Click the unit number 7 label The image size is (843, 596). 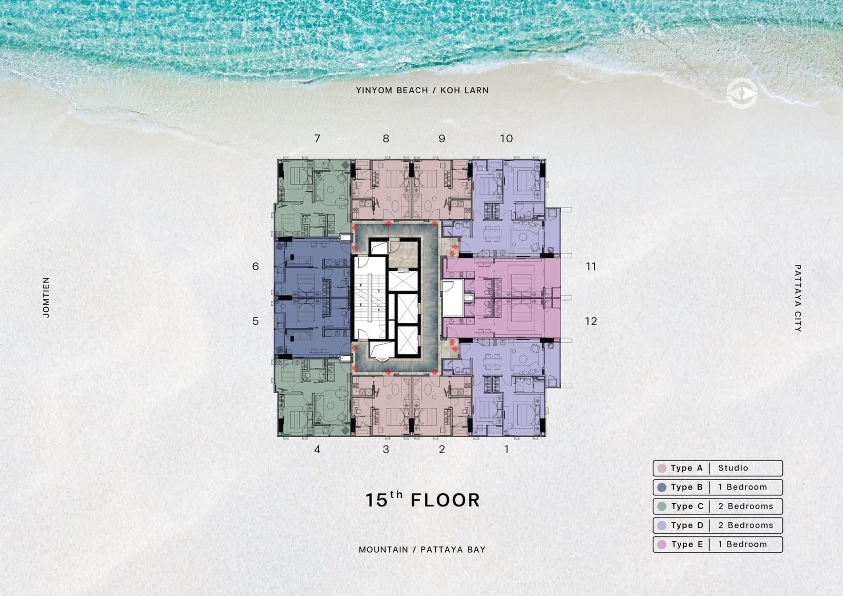click(x=317, y=139)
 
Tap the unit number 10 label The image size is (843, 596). click(x=506, y=139)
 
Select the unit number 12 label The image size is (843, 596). click(x=591, y=321)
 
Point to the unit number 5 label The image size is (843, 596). click(x=256, y=321)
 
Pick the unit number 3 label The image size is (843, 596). click(x=386, y=449)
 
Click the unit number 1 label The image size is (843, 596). click(x=506, y=449)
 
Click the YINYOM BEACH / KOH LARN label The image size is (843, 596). click(x=422, y=90)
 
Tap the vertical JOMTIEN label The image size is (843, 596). click(x=46, y=297)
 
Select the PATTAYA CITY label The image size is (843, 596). click(x=798, y=298)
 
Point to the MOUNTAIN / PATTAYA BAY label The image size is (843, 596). click(x=422, y=550)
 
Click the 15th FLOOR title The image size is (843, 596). click(x=423, y=500)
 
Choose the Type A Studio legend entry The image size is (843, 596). click(x=718, y=468)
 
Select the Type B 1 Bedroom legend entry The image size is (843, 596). click(x=718, y=487)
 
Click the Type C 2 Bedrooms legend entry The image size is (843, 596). click(x=718, y=506)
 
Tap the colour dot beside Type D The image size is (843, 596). click(x=662, y=525)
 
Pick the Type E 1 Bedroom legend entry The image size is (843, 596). click(x=718, y=544)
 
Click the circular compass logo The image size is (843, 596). click(x=742, y=93)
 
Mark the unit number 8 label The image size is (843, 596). click(x=386, y=139)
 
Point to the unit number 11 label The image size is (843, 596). click(x=591, y=267)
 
